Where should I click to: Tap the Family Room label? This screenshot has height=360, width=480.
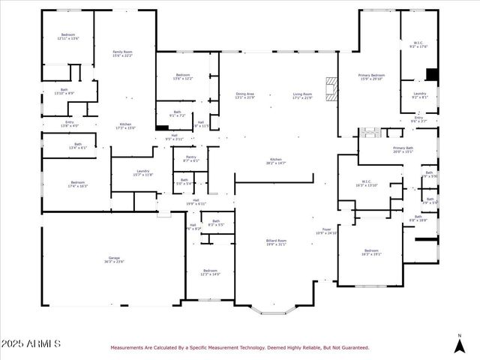point(122,52)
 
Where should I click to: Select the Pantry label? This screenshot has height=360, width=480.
point(190,158)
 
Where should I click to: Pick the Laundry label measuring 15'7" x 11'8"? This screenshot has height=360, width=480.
point(142,172)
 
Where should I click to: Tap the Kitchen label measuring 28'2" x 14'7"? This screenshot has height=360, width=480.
point(275,161)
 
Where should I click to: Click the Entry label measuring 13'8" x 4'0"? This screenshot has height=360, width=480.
point(70,124)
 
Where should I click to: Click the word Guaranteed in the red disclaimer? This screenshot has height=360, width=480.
point(354,348)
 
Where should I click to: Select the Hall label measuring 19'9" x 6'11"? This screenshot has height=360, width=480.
point(196,202)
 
